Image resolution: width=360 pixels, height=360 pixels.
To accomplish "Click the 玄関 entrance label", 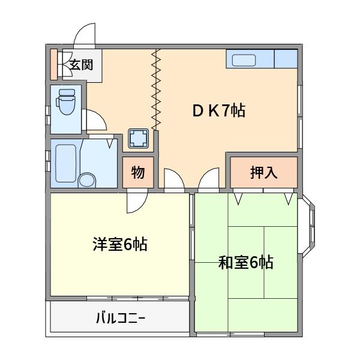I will point(80,65).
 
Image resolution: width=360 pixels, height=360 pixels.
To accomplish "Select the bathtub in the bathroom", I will point(65,163).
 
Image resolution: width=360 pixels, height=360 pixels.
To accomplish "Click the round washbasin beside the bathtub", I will point(88,179).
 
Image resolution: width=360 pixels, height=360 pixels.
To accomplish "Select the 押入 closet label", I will point(263,173).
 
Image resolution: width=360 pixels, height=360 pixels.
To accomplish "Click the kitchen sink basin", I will point(250,59).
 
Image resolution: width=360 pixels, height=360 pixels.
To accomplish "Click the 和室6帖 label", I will point(245,262).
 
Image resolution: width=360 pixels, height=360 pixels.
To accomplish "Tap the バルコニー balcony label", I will point(120,317).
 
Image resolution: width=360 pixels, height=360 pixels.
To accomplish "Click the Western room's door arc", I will point(137,203).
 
